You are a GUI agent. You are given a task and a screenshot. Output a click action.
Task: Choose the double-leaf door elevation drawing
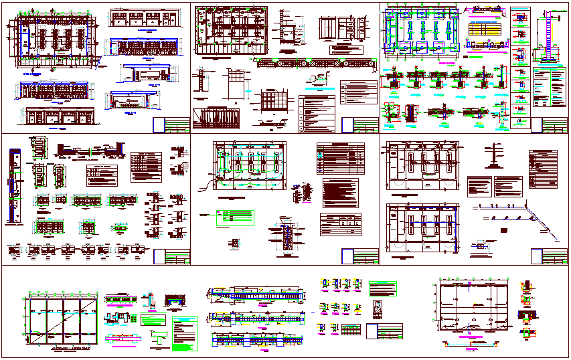327,29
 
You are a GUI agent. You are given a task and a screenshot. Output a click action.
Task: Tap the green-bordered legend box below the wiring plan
234,217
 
